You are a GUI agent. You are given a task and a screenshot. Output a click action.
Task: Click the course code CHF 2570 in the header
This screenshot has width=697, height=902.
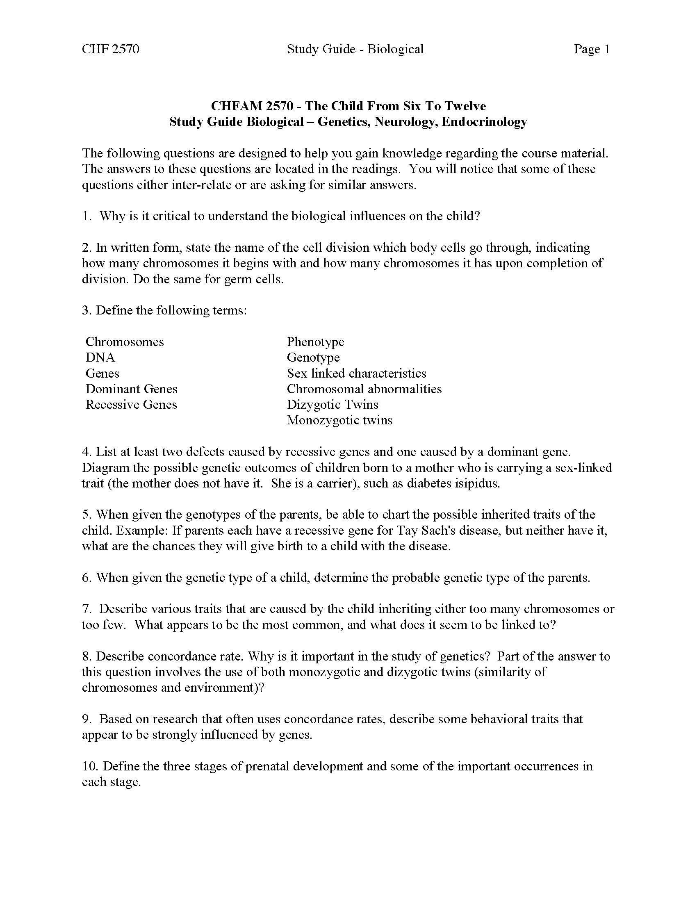tap(110, 49)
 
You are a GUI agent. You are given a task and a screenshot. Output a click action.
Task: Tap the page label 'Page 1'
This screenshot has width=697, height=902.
tap(591, 49)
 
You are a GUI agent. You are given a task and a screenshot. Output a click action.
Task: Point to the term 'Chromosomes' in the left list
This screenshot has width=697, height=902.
tap(125, 342)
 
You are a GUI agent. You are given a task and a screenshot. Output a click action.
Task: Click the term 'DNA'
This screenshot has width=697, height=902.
tap(100, 357)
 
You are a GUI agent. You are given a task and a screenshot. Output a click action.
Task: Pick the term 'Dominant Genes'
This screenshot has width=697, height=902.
tap(131, 389)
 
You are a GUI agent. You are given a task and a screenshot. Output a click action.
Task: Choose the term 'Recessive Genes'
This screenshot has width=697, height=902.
tap(131, 404)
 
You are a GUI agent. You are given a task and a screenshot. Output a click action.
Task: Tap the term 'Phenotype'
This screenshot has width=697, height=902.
tap(315, 342)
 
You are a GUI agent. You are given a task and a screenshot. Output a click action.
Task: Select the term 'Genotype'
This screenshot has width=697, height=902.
tap(313, 357)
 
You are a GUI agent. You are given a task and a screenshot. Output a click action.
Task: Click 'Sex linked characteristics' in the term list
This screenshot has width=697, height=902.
tap(356, 373)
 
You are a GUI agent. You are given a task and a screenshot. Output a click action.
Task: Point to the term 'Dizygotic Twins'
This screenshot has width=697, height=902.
tap(333, 404)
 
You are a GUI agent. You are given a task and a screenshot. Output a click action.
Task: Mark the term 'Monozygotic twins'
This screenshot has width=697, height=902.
tap(339, 420)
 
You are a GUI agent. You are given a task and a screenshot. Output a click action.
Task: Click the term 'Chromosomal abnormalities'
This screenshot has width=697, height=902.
tap(364, 389)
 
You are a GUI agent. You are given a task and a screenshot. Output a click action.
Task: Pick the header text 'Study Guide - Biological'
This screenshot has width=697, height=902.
tap(355, 49)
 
